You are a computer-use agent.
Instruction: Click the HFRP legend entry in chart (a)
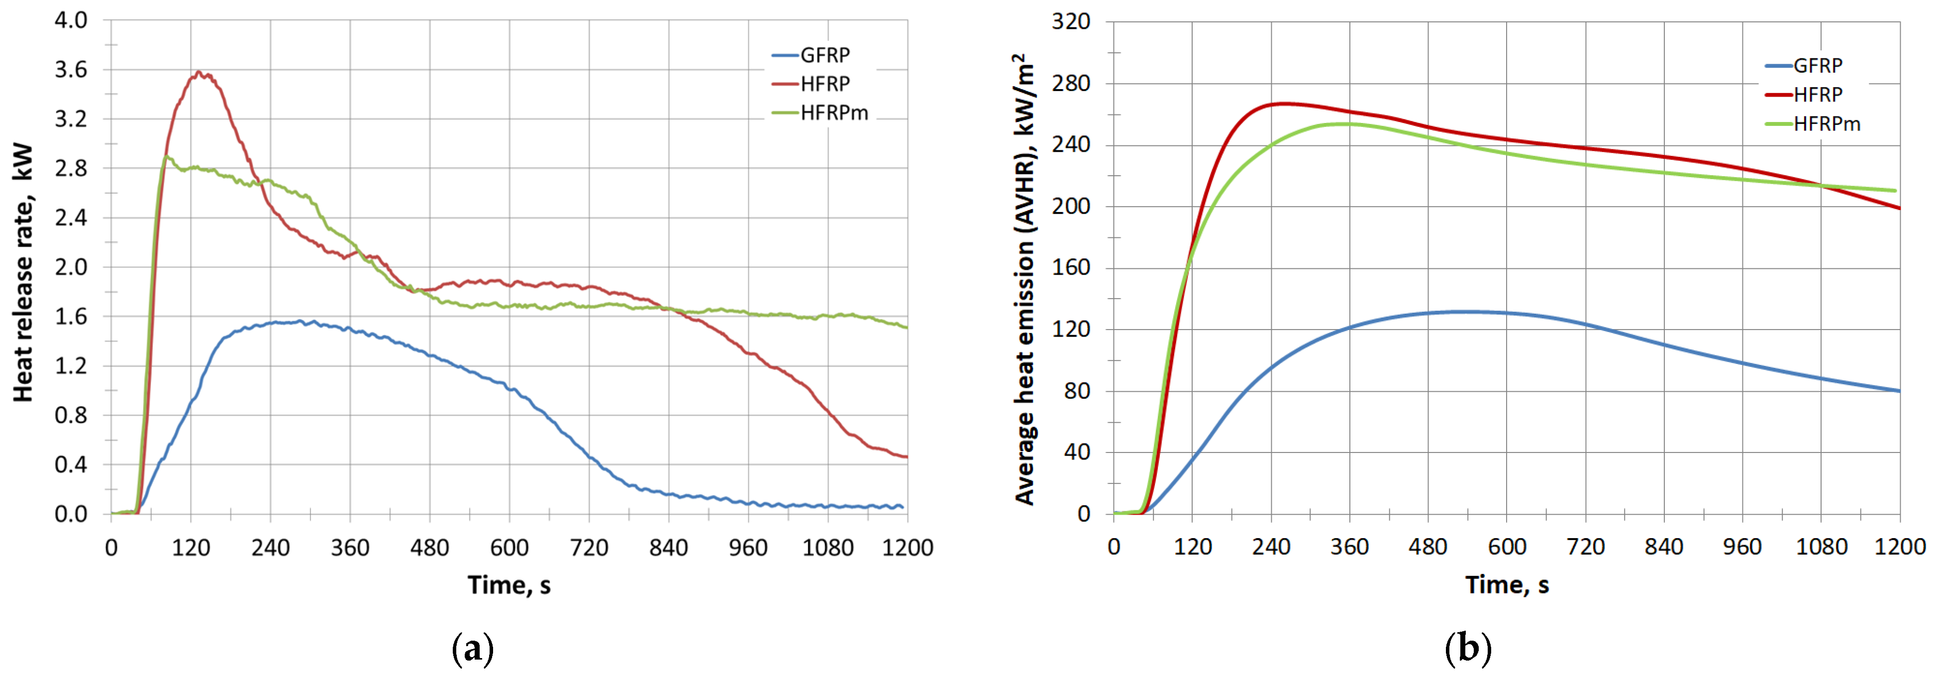(x=823, y=84)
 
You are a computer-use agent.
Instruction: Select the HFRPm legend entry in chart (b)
(x=1826, y=124)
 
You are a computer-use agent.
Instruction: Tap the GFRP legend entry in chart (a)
(x=823, y=55)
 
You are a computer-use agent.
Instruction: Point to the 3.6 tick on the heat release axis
(x=71, y=70)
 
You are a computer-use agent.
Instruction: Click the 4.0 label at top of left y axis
(x=71, y=20)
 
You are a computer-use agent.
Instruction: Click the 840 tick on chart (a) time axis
(x=668, y=548)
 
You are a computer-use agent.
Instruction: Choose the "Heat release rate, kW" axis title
(x=23, y=272)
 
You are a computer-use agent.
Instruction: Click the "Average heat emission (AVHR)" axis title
(x=1025, y=278)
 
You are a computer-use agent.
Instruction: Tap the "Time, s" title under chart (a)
(x=509, y=585)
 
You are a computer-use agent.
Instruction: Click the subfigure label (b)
(x=1467, y=648)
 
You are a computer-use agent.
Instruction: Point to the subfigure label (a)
(x=473, y=648)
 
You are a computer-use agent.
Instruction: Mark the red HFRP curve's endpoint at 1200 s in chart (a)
(x=907, y=456)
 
